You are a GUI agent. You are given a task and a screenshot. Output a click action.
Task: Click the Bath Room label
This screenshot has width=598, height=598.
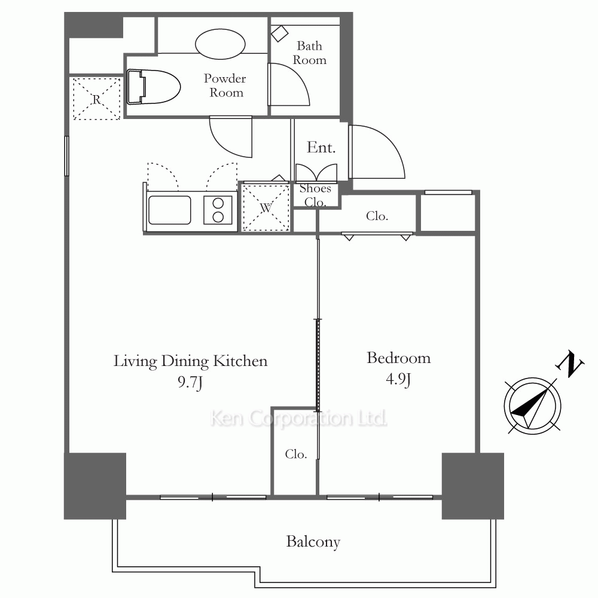pyautogui.click(x=309, y=53)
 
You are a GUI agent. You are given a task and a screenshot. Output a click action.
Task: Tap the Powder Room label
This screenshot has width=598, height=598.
pyautogui.click(x=225, y=86)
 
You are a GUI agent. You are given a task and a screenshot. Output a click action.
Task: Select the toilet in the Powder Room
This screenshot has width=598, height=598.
pyautogui.click(x=153, y=87)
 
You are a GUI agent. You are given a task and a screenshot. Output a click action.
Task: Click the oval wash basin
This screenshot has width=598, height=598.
pyautogui.click(x=220, y=45)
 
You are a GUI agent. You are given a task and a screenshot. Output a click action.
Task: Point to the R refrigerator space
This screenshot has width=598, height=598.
pyautogui.click(x=96, y=99)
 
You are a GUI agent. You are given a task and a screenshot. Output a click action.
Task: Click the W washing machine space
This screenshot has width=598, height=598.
pyautogui.click(x=266, y=208)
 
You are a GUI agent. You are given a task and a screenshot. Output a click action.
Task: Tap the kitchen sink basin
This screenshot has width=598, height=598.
pyautogui.click(x=170, y=210)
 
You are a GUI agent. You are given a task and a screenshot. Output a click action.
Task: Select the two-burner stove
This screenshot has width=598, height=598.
pyautogui.click(x=218, y=210)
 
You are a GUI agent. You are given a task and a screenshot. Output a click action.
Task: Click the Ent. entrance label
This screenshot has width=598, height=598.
pyautogui.click(x=321, y=148)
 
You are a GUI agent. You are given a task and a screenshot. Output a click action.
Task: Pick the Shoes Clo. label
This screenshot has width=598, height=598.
pyautogui.click(x=315, y=195)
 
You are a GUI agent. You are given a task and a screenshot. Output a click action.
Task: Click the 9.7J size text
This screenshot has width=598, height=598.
pyautogui.click(x=190, y=382)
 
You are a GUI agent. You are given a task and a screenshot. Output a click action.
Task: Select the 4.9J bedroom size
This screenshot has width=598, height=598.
pyautogui.click(x=398, y=380)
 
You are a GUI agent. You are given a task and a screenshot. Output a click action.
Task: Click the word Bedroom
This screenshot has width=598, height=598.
pyautogui.click(x=398, y=358)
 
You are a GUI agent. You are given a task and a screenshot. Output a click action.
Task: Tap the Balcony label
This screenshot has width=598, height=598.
pyautogui.click(x=313, y=542)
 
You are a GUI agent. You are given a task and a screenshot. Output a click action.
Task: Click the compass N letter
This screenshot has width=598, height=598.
pyautogui.click(x=570, y=364)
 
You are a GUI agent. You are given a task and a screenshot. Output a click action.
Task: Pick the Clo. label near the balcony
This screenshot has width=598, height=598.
pyautogui.click(x=296, y=454)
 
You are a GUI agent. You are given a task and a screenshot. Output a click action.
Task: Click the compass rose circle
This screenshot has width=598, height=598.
pyautogui.click(x=532, y=379)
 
